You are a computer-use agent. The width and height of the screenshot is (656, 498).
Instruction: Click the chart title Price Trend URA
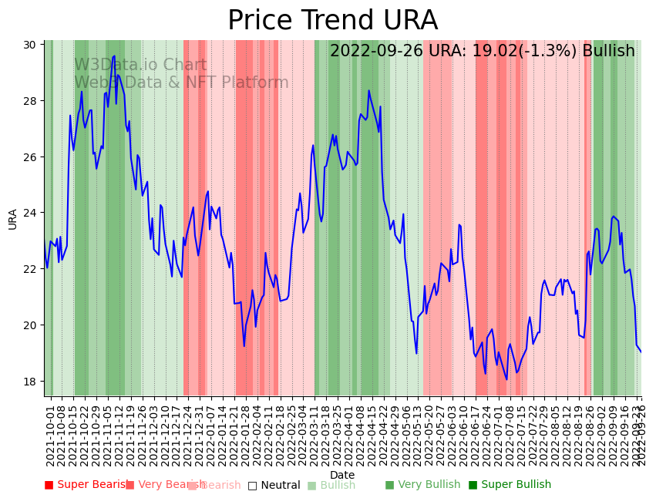[332, 21]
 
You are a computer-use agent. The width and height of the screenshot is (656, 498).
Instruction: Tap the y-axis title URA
[12, 218]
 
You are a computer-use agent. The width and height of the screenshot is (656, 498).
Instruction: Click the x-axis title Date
[342, 475]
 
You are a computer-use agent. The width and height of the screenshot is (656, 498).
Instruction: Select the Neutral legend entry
[274, 485]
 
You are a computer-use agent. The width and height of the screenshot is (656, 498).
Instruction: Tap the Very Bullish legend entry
[422, 485]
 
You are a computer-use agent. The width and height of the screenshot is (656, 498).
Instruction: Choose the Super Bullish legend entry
[510, 485]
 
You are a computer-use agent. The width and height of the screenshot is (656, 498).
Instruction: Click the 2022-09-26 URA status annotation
[482, 51]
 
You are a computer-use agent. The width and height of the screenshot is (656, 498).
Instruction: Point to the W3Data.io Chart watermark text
[140, 66]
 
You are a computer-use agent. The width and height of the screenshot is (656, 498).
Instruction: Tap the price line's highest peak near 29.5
[114, 56]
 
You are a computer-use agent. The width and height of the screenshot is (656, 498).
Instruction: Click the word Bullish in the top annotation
[608, 51]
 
